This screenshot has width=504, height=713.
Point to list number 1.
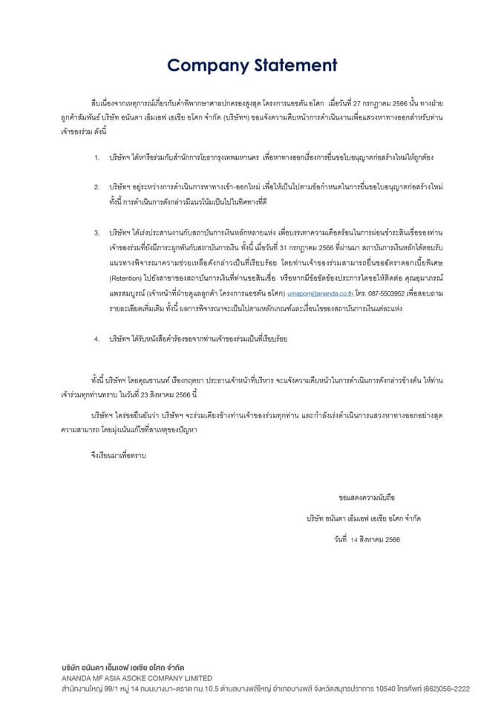(96, 158)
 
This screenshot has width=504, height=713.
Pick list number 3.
(96, 233)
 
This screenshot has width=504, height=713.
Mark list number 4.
(96, 339)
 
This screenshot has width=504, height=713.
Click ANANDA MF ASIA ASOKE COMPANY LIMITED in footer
(137, 678)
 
